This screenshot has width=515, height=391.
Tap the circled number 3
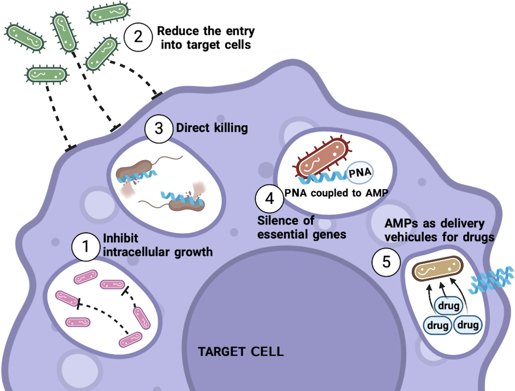159,128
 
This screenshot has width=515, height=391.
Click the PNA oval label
361,173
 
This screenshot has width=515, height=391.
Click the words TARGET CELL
241,352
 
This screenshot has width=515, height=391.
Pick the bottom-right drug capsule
468,324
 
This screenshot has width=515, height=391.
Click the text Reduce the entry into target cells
206,37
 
